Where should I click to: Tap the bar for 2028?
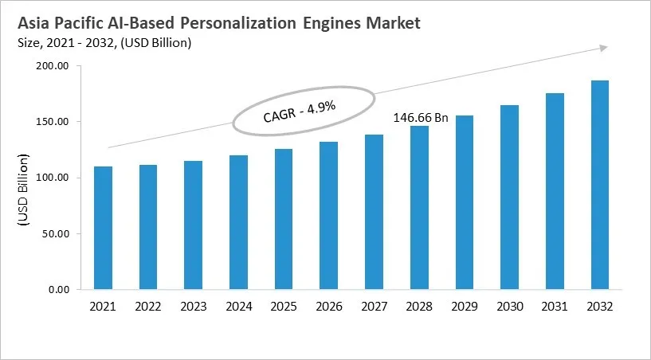419,208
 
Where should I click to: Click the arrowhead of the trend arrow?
604,49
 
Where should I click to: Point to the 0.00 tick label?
59,289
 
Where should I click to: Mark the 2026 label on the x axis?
328,306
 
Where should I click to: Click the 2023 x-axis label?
193,306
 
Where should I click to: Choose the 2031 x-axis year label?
555,306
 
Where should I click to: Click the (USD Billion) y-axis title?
23,192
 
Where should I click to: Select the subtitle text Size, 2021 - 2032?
68,43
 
